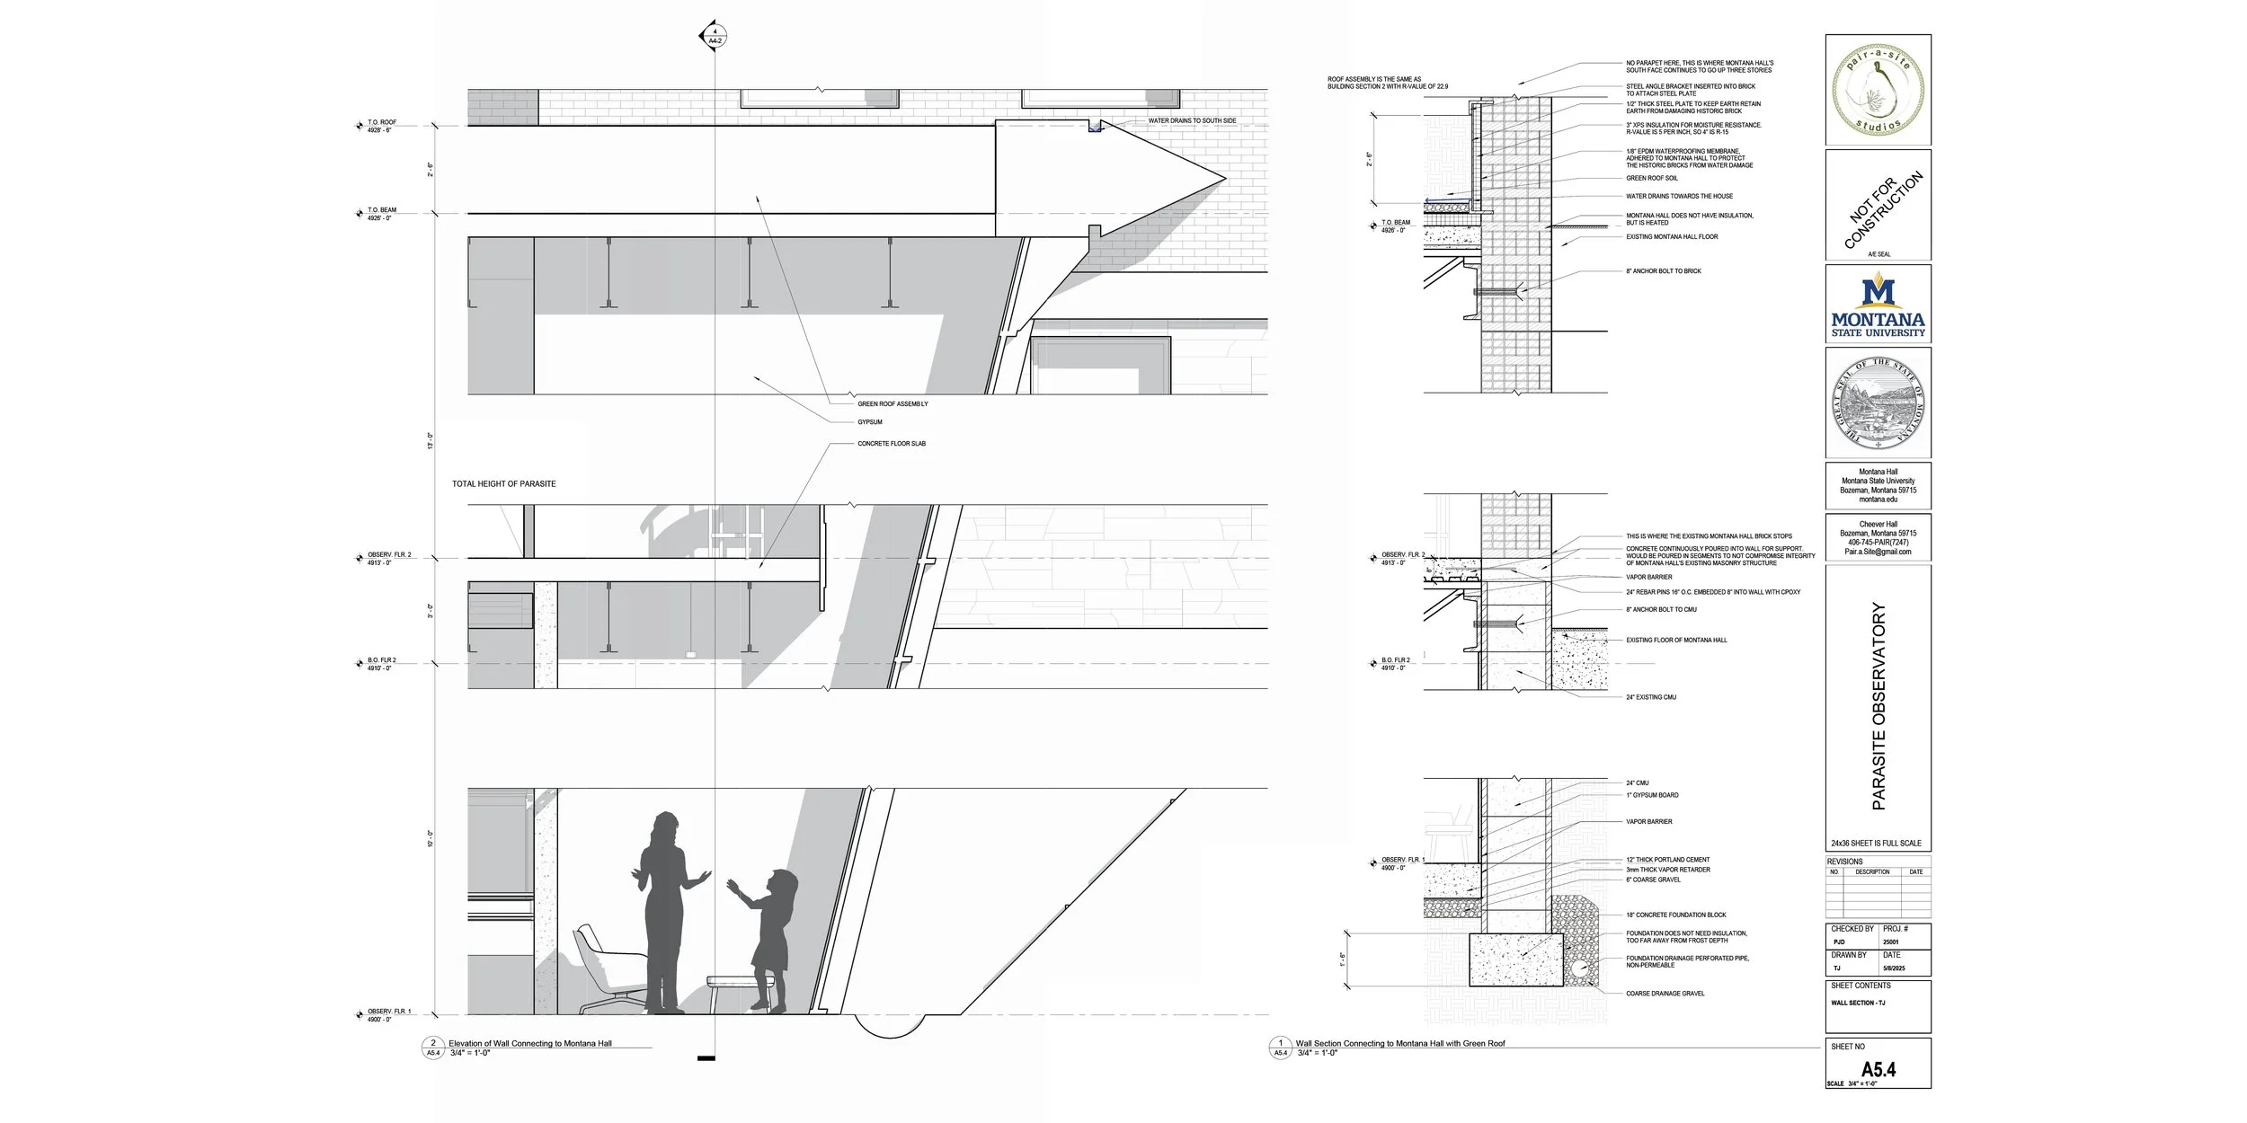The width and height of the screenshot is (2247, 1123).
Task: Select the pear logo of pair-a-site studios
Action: click(1878, 90)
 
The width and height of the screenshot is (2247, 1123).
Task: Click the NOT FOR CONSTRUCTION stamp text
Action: click(1884, 209)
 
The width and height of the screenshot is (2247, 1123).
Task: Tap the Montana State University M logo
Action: click(1878, 294)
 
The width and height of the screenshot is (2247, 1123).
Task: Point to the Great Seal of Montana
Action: click(1878, 403)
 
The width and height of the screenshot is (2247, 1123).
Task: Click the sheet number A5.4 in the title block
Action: click(1878, 1070)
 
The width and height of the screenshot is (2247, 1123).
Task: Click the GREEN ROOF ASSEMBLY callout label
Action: click(893, 404)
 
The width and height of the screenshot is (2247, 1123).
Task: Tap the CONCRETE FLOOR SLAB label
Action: click(891, 444)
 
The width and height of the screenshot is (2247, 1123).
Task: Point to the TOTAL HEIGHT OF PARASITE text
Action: click(503, 484)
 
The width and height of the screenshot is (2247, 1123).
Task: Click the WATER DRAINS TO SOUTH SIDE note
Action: click(1192, 120)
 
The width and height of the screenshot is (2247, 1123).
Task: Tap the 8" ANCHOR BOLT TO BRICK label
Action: click(1663, 271)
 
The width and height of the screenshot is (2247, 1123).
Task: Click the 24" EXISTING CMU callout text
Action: click(1650, 697)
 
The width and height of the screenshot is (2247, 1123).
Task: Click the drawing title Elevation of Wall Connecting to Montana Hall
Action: click(529, 1044)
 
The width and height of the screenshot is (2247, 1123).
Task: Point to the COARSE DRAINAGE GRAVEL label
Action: click(1665, 994)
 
